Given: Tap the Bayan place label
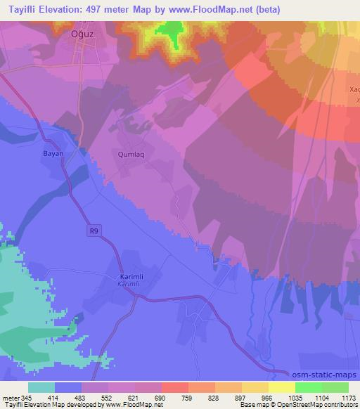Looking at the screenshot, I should click(x=53, y=153).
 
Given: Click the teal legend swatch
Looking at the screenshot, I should click(x=41, y=387).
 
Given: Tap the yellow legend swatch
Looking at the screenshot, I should click(x=282, y=387).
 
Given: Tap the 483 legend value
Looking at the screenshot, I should click(x=82, y=398).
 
